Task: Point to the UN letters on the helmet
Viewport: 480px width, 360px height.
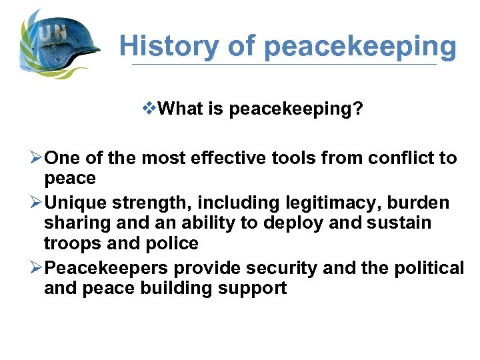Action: point(53,33)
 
